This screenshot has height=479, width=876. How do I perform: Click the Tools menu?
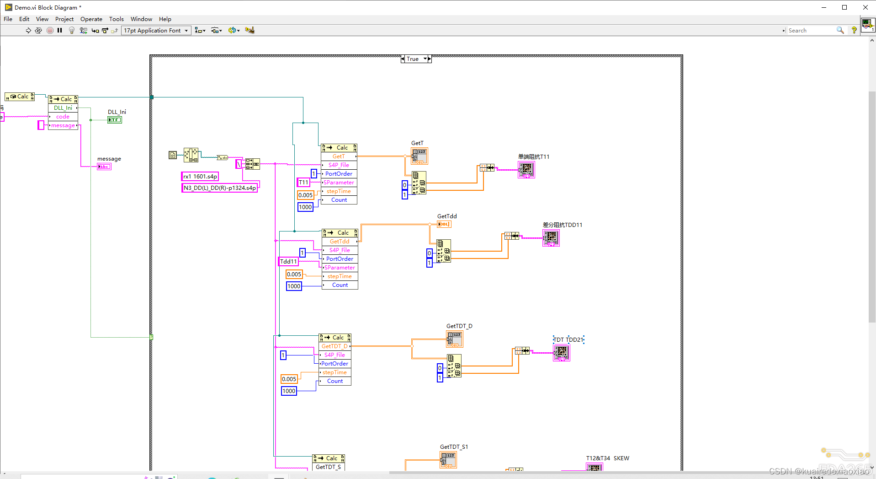pos(116,19)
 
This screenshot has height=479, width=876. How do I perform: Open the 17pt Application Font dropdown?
pos(156,31)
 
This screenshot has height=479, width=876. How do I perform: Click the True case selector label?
pos(413,59)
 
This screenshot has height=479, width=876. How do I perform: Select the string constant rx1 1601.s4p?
pos(200,177)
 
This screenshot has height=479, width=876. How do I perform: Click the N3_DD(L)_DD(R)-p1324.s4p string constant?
pos(219,188)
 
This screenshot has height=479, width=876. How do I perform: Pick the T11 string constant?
pos(303,183)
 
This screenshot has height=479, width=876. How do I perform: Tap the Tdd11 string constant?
pos(288,262)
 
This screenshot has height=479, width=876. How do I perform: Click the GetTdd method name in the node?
pos(340,242)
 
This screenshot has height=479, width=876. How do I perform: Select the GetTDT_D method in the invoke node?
pos(334,346)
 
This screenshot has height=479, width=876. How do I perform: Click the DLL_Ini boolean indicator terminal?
pos(114,120)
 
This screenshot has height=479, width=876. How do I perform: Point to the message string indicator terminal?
pos(104,167)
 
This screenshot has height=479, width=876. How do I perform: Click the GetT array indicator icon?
pos(419,156)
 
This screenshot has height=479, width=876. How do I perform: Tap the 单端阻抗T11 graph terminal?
pos(526,170)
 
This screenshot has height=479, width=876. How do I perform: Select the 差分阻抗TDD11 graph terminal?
pos(551,238)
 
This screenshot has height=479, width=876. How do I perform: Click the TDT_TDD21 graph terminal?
pos(561,352)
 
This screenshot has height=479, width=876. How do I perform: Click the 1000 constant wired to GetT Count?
pos(305,207)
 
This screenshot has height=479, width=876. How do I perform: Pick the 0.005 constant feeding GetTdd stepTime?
pos(294,274)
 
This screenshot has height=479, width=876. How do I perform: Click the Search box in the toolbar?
pos(811,31)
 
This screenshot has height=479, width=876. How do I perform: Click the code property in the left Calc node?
pos(63,117)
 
